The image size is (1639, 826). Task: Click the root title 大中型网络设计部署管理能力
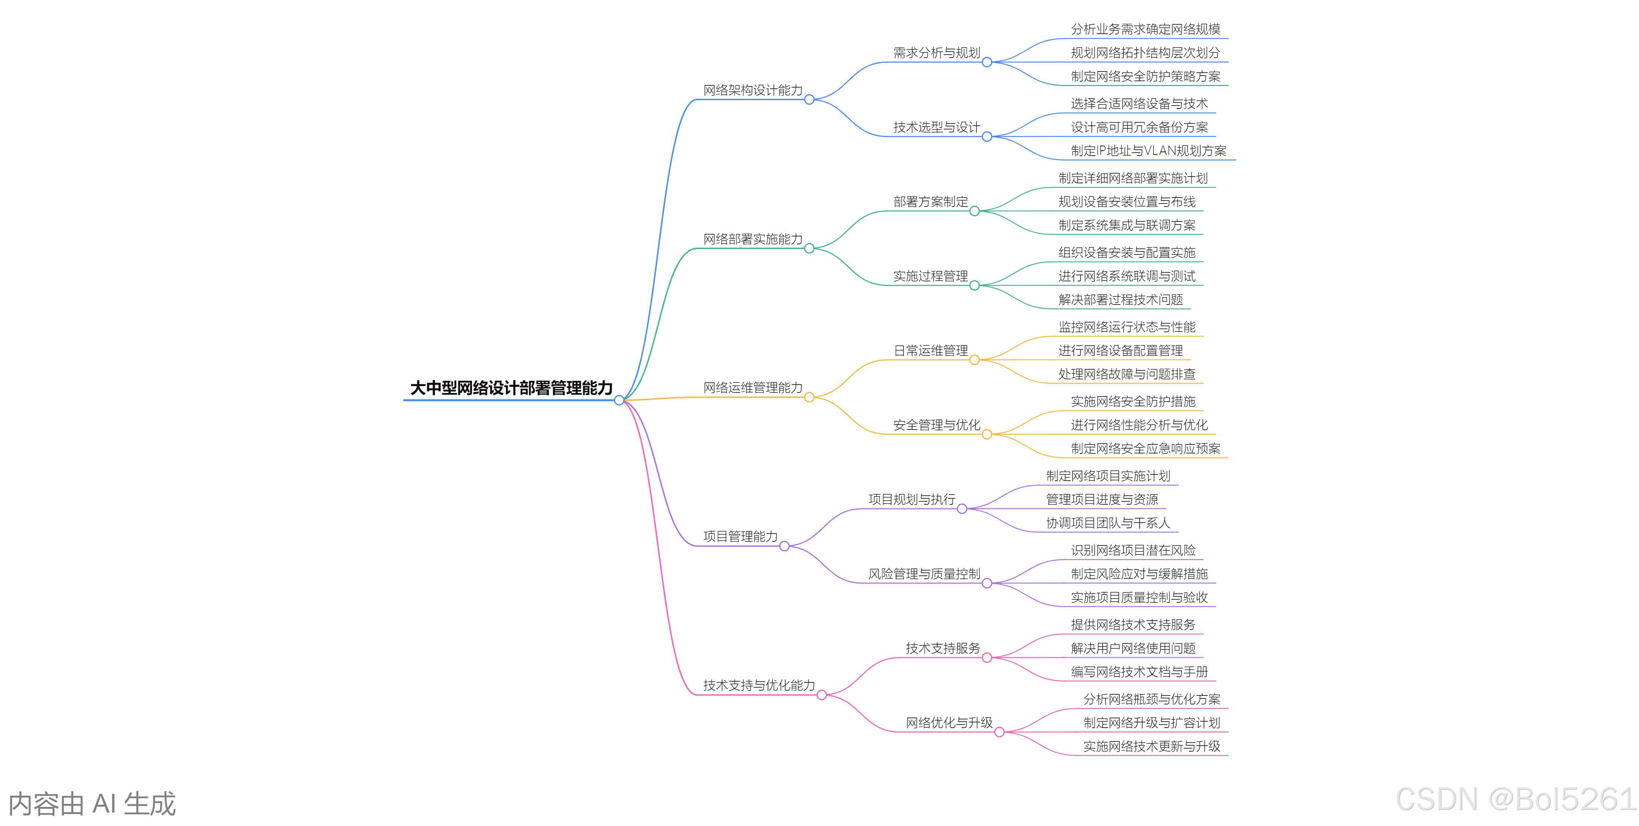point(511,388)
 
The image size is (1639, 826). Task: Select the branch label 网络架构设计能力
point(753,90)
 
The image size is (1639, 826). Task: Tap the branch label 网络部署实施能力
point(753,239)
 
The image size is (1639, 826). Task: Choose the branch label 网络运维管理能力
point(753,388)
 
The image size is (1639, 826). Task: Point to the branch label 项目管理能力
point(740,537)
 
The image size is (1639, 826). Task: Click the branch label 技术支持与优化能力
point(759,685)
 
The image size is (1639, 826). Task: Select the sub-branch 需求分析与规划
point(937,53)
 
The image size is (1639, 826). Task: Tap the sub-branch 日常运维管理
point(931,351)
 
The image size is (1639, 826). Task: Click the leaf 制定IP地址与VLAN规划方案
point(1148,151)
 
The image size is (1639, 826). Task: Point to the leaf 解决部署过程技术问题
point(1120,300)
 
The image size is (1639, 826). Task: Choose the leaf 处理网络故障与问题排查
point(1127,374)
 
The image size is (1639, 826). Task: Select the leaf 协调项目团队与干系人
point(1108,523)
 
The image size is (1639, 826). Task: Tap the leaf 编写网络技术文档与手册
point(1139,671)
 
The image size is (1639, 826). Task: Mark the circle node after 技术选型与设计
point(987,137)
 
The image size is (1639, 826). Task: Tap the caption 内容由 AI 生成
point(92,804)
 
